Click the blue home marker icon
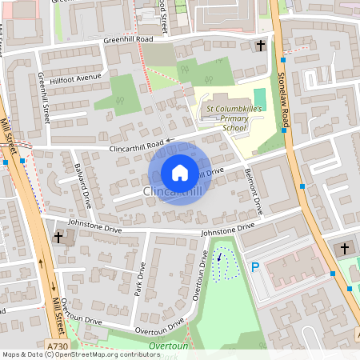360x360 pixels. click(x=180, y=173)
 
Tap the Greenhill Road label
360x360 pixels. click(x=128, y=39)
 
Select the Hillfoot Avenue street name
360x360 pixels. click(x=77, y=78)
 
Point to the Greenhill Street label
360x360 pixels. click(x=43, y=97)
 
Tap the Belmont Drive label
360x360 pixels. click(x=254, y=191)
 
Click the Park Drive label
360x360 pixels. click(x=141, y=278)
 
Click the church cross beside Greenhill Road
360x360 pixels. click(x=262, y=46)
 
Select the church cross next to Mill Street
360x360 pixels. click(x=58, y=238)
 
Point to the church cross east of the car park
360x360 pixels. click(x=345, y=249)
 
